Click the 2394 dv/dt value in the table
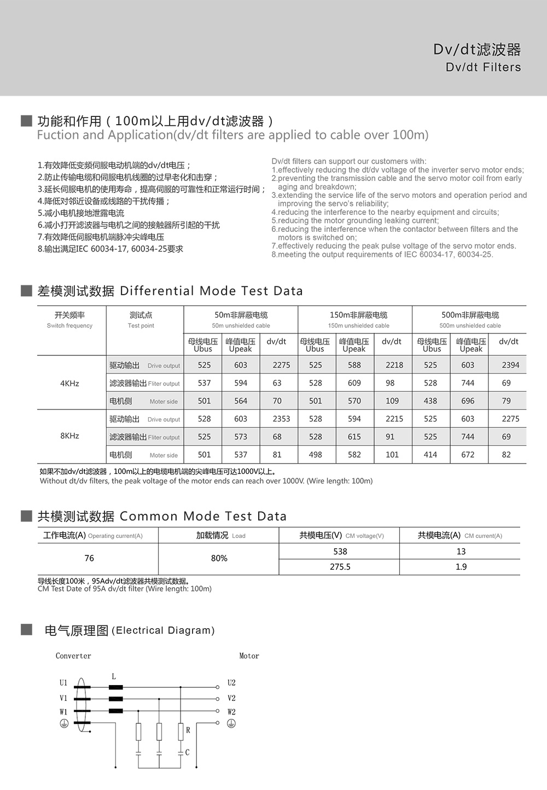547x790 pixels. [510, 365]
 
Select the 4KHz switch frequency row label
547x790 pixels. [69, 383]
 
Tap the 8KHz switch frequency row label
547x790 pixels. [69, 436]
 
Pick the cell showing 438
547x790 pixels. [430, 401]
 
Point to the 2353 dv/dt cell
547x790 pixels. [281, 419]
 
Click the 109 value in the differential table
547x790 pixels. [392, 401]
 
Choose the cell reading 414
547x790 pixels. [430, 454]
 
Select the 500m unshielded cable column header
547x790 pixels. [470, 319]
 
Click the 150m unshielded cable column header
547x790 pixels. [358, 319]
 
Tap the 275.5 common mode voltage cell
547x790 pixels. [340, 567]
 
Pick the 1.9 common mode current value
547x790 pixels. [461, 567]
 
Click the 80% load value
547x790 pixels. [219, 558]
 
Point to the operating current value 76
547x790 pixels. [89, 558]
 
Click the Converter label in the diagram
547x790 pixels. [73, 656]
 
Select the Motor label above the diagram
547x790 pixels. [249, 656]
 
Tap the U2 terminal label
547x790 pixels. [231, 683]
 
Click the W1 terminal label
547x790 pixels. [63, 712]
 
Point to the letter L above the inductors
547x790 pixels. [114, 677]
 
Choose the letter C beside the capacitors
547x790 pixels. [187, 752]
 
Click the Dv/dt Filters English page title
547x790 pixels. [483, 67]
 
